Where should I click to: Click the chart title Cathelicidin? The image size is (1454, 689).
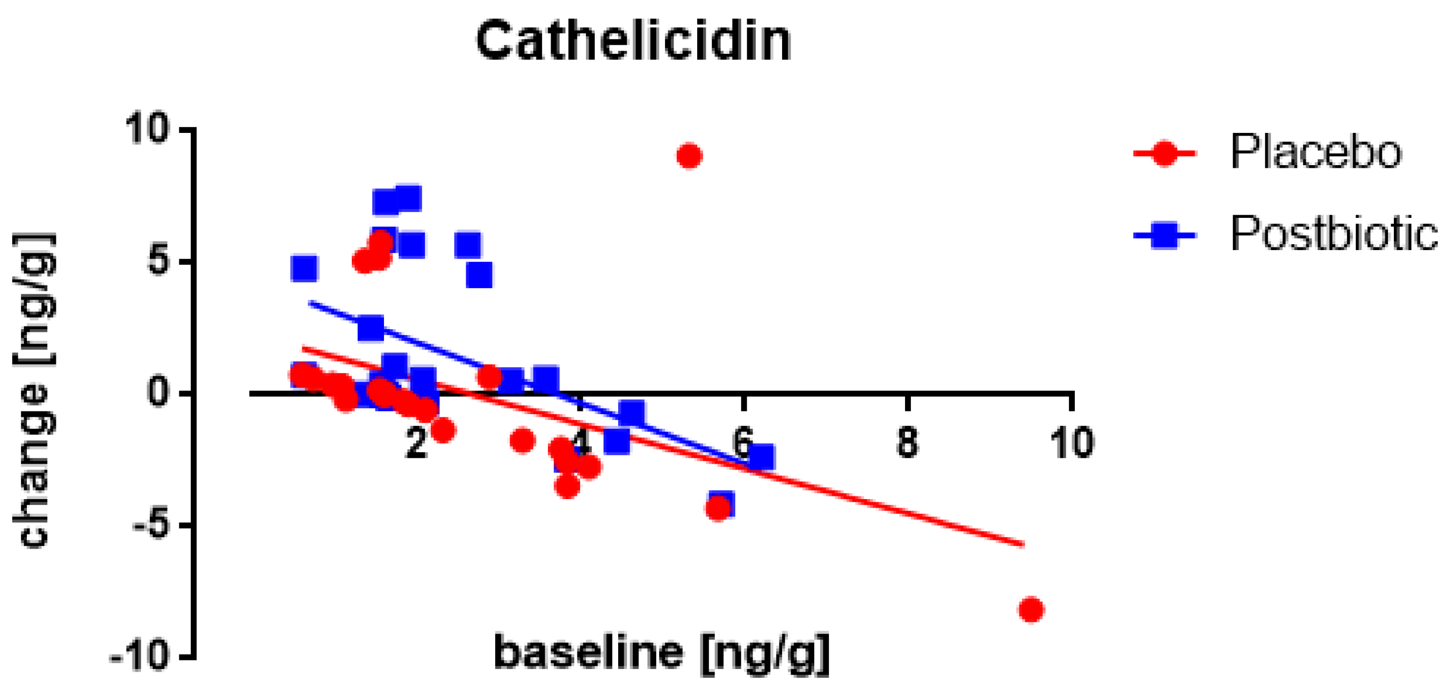pyautogui.click(x=633, y=41)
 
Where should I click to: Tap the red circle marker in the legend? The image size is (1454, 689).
pyautogui.click(x=1164, y=152)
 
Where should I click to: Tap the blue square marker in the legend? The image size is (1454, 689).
pyautogui.click(x=1164, y=234)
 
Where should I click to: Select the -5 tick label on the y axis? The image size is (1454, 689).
pyautogui.click(x=151, y=525)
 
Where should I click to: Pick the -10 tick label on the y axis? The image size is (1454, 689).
pyautogui.click(x=140, y=658)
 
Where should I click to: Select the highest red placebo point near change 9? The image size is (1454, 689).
pyautogui.click(x=689, y=156)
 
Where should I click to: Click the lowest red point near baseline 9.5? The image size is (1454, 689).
pyautogui.click(x=1031, y=609)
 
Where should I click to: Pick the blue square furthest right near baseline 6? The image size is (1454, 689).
pyautogui.click(x=763, y=457)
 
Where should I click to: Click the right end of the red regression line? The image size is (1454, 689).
pyautogui.click(x=1022, y=544)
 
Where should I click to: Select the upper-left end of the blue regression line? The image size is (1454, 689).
pyautogui.click(x=310, y=303)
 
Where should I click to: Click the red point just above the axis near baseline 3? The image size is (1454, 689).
pyautogui.click(x=489, y=377)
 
